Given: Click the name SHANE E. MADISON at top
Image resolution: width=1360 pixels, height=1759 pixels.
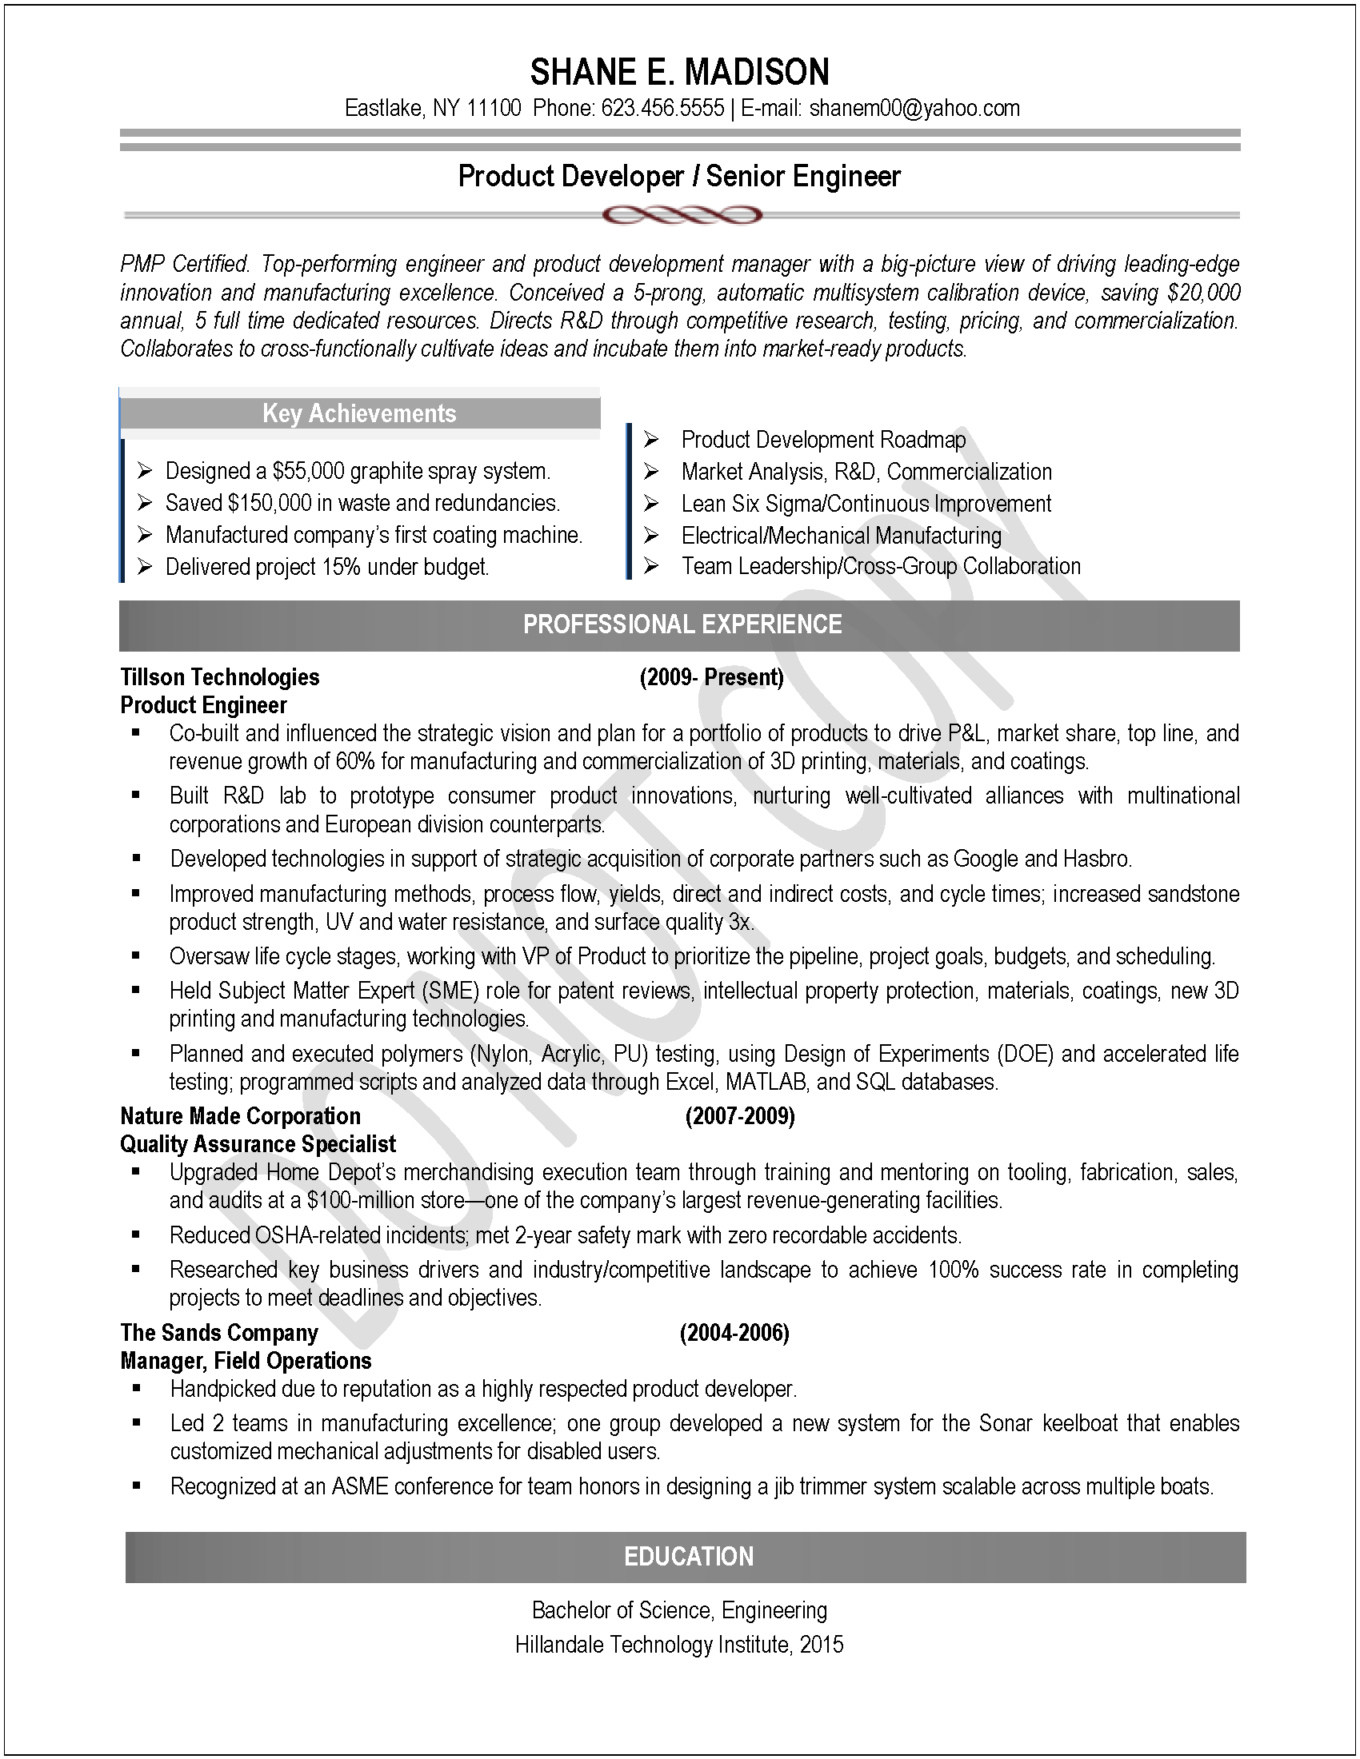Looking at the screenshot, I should click(x=679, y=73).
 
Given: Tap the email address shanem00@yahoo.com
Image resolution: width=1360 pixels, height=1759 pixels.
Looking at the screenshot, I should click(x=914, y=109).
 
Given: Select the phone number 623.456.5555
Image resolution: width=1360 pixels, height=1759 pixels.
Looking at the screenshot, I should click(x=662, y=109).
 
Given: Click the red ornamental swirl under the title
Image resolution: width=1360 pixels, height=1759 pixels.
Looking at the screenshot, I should click(x=681, y=215).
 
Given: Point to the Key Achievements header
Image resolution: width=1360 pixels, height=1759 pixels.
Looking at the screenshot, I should click(x=359, y=413).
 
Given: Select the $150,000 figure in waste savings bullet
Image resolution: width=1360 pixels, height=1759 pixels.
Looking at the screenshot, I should click(x=270, y=504).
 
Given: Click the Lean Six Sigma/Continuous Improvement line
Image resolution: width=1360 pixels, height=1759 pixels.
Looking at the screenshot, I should click(x=866, y=504).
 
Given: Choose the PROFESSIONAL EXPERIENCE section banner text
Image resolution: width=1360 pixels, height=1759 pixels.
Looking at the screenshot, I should click(x=682, y=624).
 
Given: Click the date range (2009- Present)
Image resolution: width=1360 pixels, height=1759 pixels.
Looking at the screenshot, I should click(x=711, y=677).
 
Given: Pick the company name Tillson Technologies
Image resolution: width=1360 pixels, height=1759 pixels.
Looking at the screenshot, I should click(x=220, y=677).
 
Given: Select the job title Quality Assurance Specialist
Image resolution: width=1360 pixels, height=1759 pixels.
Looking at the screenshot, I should click(x=258, y=1143).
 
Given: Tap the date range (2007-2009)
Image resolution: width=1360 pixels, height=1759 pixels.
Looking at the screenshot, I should click(x=740, y=1116).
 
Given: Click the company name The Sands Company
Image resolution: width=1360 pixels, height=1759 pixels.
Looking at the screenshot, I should click(x=219, y=1333).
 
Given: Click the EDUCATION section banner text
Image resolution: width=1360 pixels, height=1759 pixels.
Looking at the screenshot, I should click(x=689, y=1556).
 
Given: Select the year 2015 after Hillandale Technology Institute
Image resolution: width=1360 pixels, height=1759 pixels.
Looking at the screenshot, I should click(x=822, y=1644).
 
